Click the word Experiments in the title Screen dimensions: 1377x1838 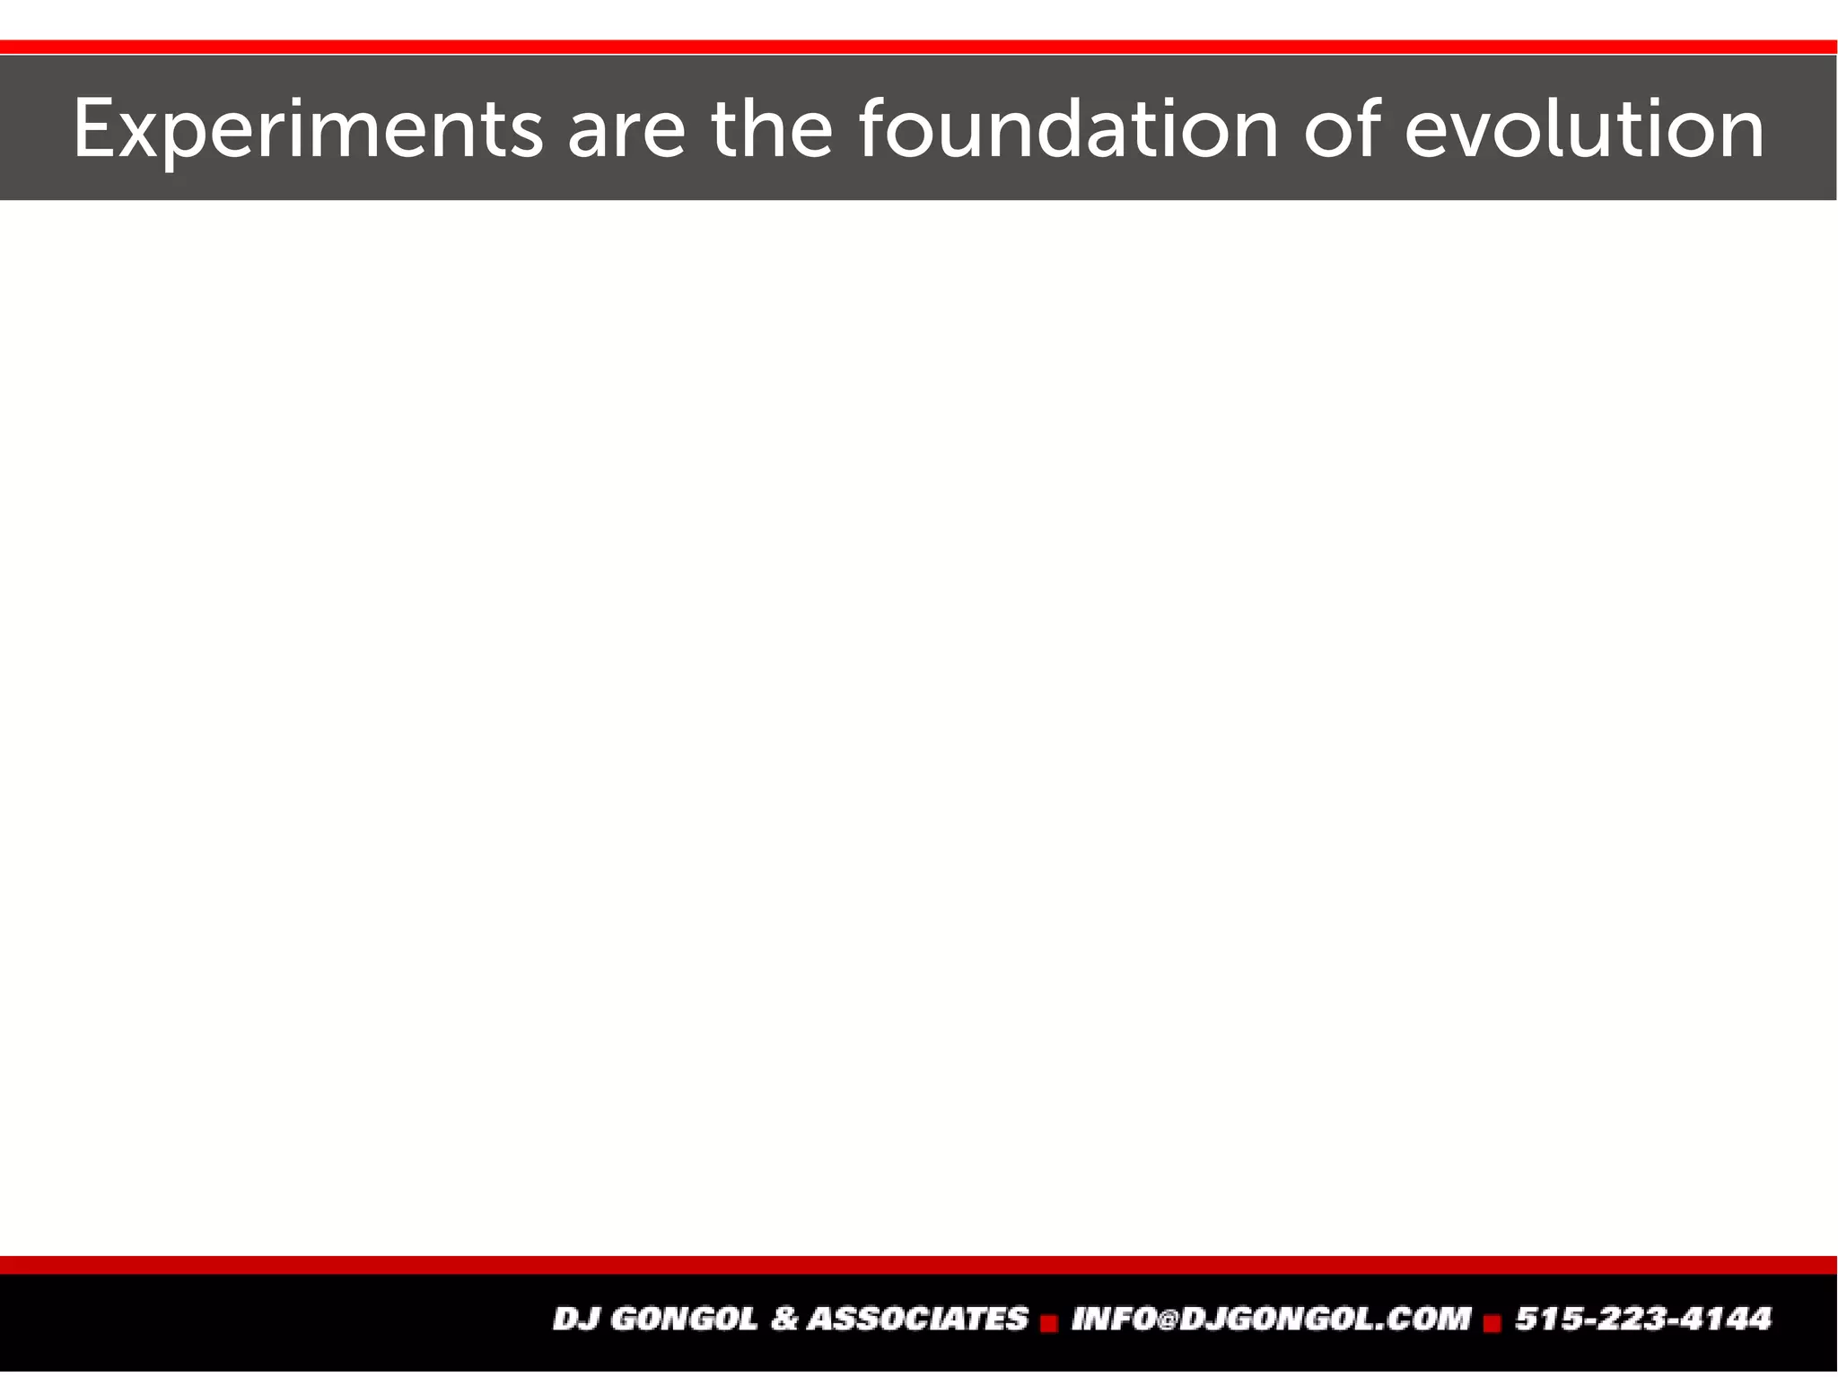pyautogui.click(x=307, y=130)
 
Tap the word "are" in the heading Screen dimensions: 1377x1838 pyautogui.click(x=626, y=130)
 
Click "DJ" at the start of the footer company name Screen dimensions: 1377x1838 pyautogui.click(x=572, y=1319)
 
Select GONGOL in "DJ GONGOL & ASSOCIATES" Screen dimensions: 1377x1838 pyautogui.click(x=681, y=1319)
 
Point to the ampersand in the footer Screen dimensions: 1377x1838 pyautogui.click(x=783, y=1319)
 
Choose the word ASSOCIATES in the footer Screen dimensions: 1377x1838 pyautogui.click(x=917, y=1319)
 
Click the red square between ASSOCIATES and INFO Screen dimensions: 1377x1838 pyautogui.click(x=1048, y=1323)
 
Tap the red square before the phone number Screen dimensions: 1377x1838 pyautogui.click(x=1492, y=1323)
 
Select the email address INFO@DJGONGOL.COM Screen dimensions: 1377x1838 pyautogui.click(x=1271, y=1319)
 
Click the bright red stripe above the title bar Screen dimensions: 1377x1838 pyautogui.click(x=919, y=47)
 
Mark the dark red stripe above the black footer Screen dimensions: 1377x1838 pyautogui.click(x=919, y=1265)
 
